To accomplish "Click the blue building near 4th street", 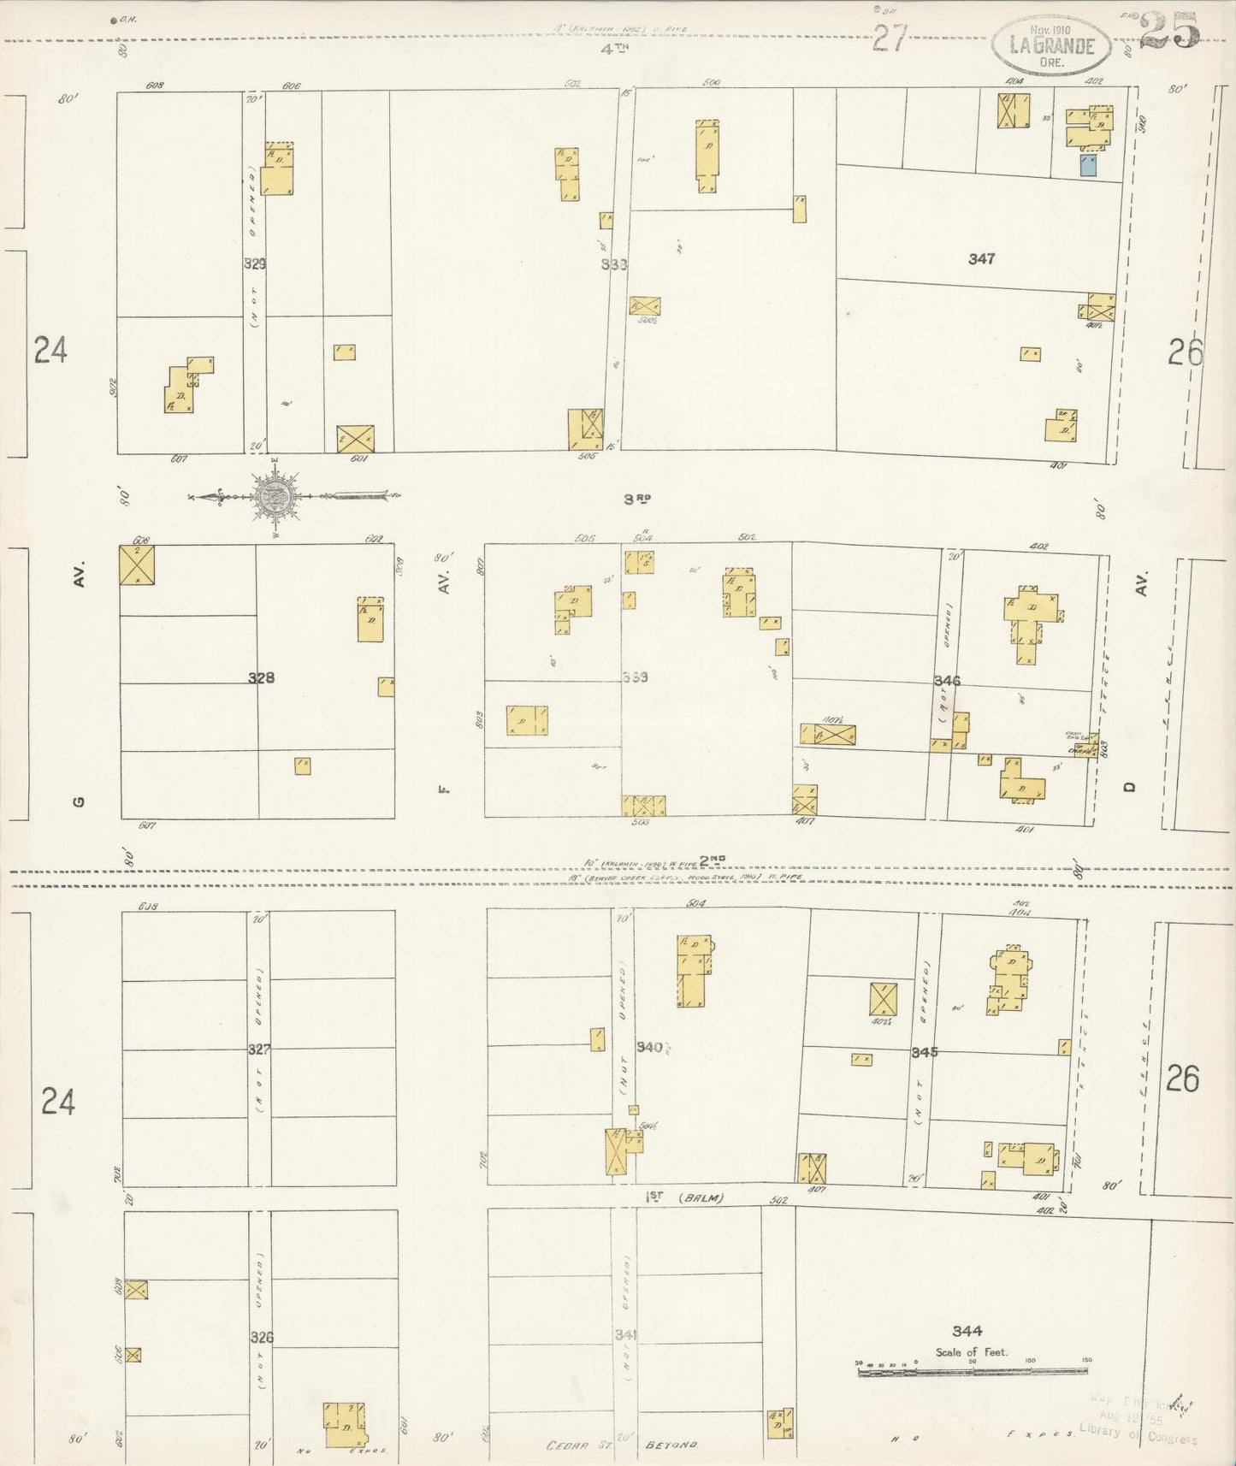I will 1088,165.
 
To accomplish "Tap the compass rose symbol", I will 276,496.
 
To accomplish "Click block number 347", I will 981,259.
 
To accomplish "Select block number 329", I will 254,264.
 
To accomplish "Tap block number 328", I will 261,677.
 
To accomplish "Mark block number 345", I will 925,1051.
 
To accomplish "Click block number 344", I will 966,1330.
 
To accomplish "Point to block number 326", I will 262,1336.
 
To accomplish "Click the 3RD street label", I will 634,499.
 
